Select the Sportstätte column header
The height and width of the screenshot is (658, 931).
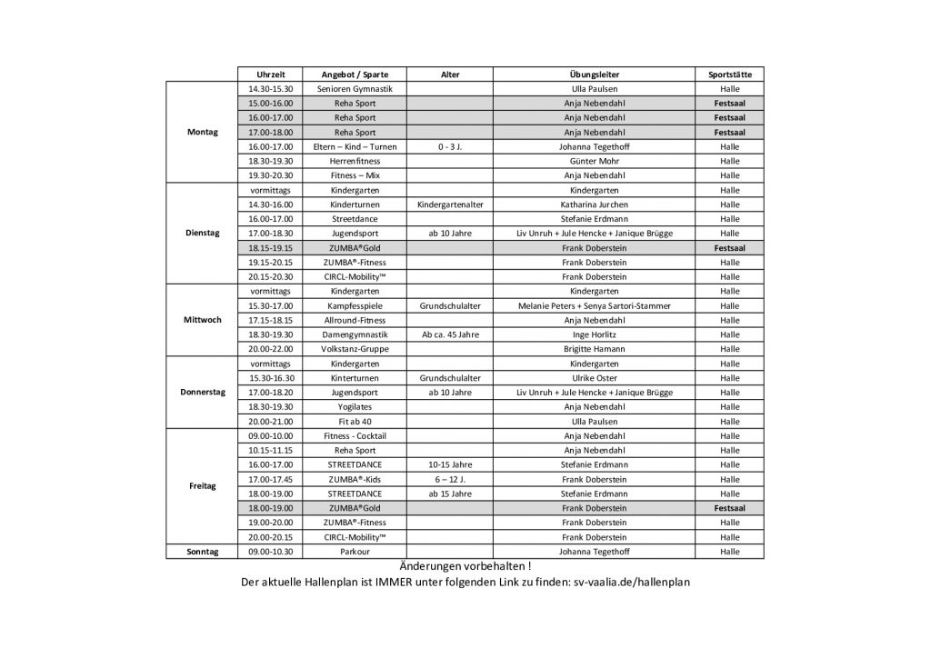tap(729, 75)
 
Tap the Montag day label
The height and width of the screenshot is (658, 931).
tap(202, 132)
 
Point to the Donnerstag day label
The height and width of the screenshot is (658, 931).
tap(202, 392)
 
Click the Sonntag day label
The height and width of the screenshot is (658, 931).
tap(202, 552)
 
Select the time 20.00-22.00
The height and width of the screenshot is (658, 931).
tap(276, 349)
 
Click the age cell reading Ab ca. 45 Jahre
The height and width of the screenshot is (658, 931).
tap(449, 334)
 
